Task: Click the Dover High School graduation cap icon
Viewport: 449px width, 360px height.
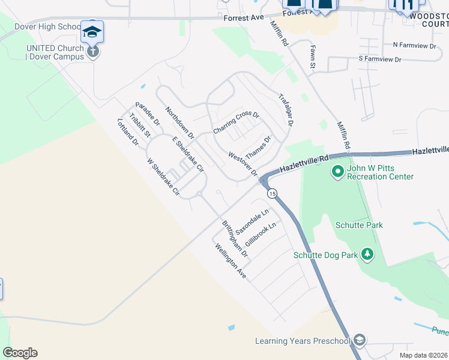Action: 92,31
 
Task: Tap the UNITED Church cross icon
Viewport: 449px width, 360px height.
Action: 92,51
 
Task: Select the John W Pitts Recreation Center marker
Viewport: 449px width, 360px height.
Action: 337,172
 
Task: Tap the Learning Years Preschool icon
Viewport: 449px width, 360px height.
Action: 360,341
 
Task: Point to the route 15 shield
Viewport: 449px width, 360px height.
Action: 273,193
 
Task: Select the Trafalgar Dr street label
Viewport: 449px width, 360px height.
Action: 286,109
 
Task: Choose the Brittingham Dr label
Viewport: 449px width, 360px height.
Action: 235,238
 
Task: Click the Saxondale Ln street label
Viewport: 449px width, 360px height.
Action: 252,222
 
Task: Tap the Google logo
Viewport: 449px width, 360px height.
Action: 20,353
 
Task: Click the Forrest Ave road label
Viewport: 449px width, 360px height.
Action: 244,18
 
